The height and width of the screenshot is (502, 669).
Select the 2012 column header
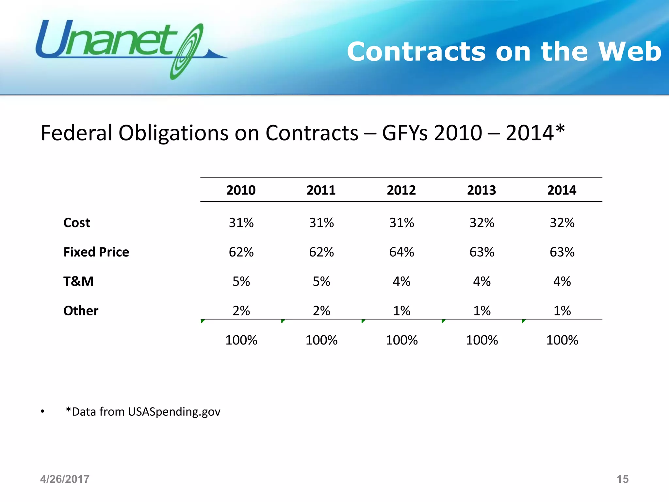(401, 190)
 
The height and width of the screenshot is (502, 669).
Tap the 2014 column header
(562, 190)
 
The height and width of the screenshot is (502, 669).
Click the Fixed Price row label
(96, 252)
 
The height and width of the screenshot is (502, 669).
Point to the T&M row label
(78, 281)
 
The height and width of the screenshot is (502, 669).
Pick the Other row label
(81, 311)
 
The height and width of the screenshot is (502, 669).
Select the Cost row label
(77, 223)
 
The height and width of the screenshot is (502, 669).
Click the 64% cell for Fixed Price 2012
(401, 252)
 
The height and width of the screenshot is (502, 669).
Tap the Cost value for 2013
(482, 223)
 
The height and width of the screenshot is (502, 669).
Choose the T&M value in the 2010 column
(241, 281)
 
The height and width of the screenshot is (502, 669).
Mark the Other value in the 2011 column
(321, 311)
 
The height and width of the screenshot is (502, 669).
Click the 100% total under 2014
(562, 340)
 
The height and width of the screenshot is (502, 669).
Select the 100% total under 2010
(241, 340)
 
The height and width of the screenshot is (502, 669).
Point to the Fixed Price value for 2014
(562, 252)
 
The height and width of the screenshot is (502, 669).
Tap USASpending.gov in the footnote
(174, 412)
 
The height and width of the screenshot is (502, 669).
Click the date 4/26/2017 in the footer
(65, 479)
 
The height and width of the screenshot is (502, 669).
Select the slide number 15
(622, 479)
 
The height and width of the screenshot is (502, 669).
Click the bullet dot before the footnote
(42, 412)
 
